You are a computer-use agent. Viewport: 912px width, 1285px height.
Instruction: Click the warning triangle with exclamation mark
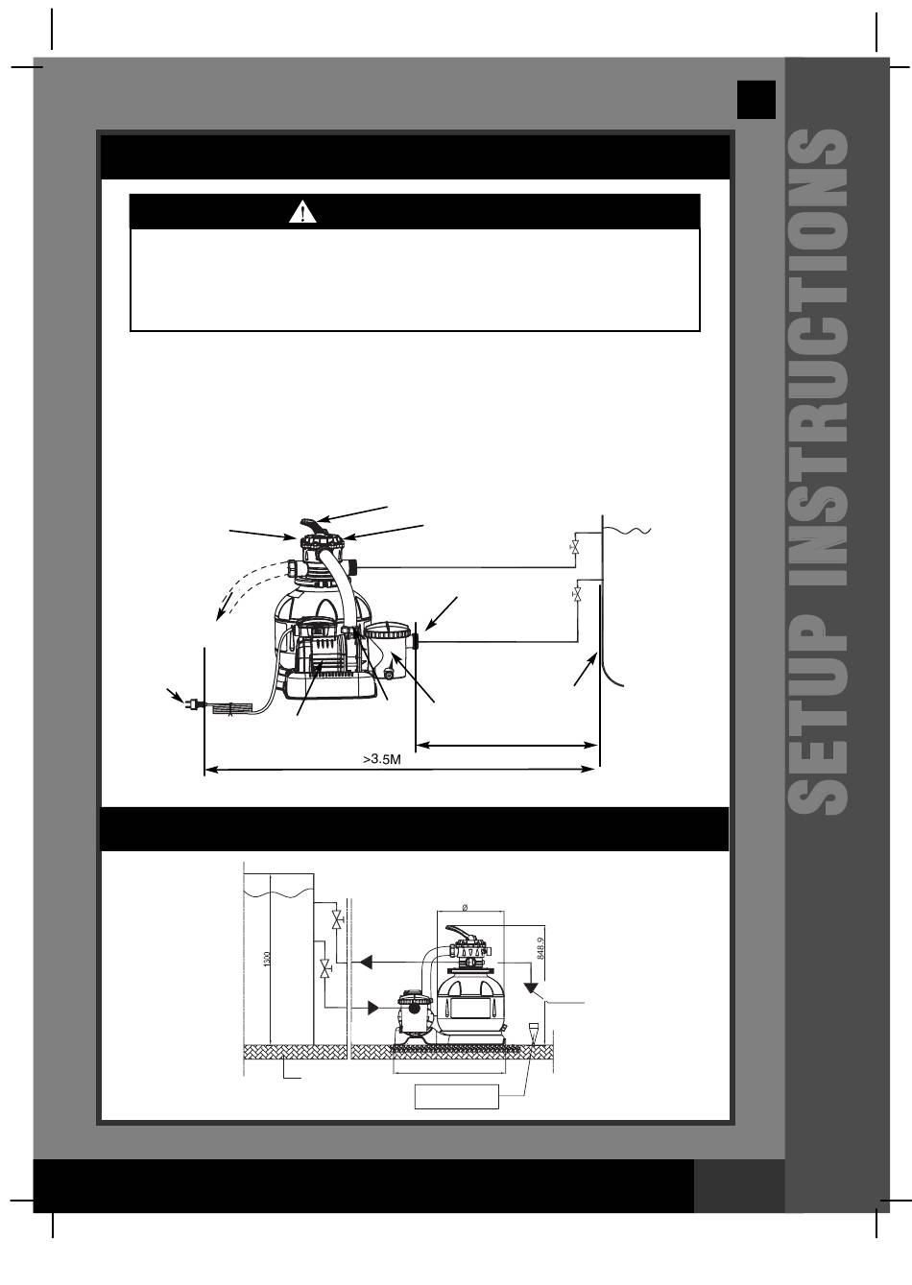302,212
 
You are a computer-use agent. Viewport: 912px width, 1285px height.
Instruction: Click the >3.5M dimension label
382,759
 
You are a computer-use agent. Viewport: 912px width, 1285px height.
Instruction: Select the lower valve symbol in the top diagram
576,593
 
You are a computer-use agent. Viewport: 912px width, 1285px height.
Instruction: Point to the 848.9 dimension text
539,948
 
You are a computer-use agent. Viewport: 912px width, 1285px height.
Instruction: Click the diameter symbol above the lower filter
465,908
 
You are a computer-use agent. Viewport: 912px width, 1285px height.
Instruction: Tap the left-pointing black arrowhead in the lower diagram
365,962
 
